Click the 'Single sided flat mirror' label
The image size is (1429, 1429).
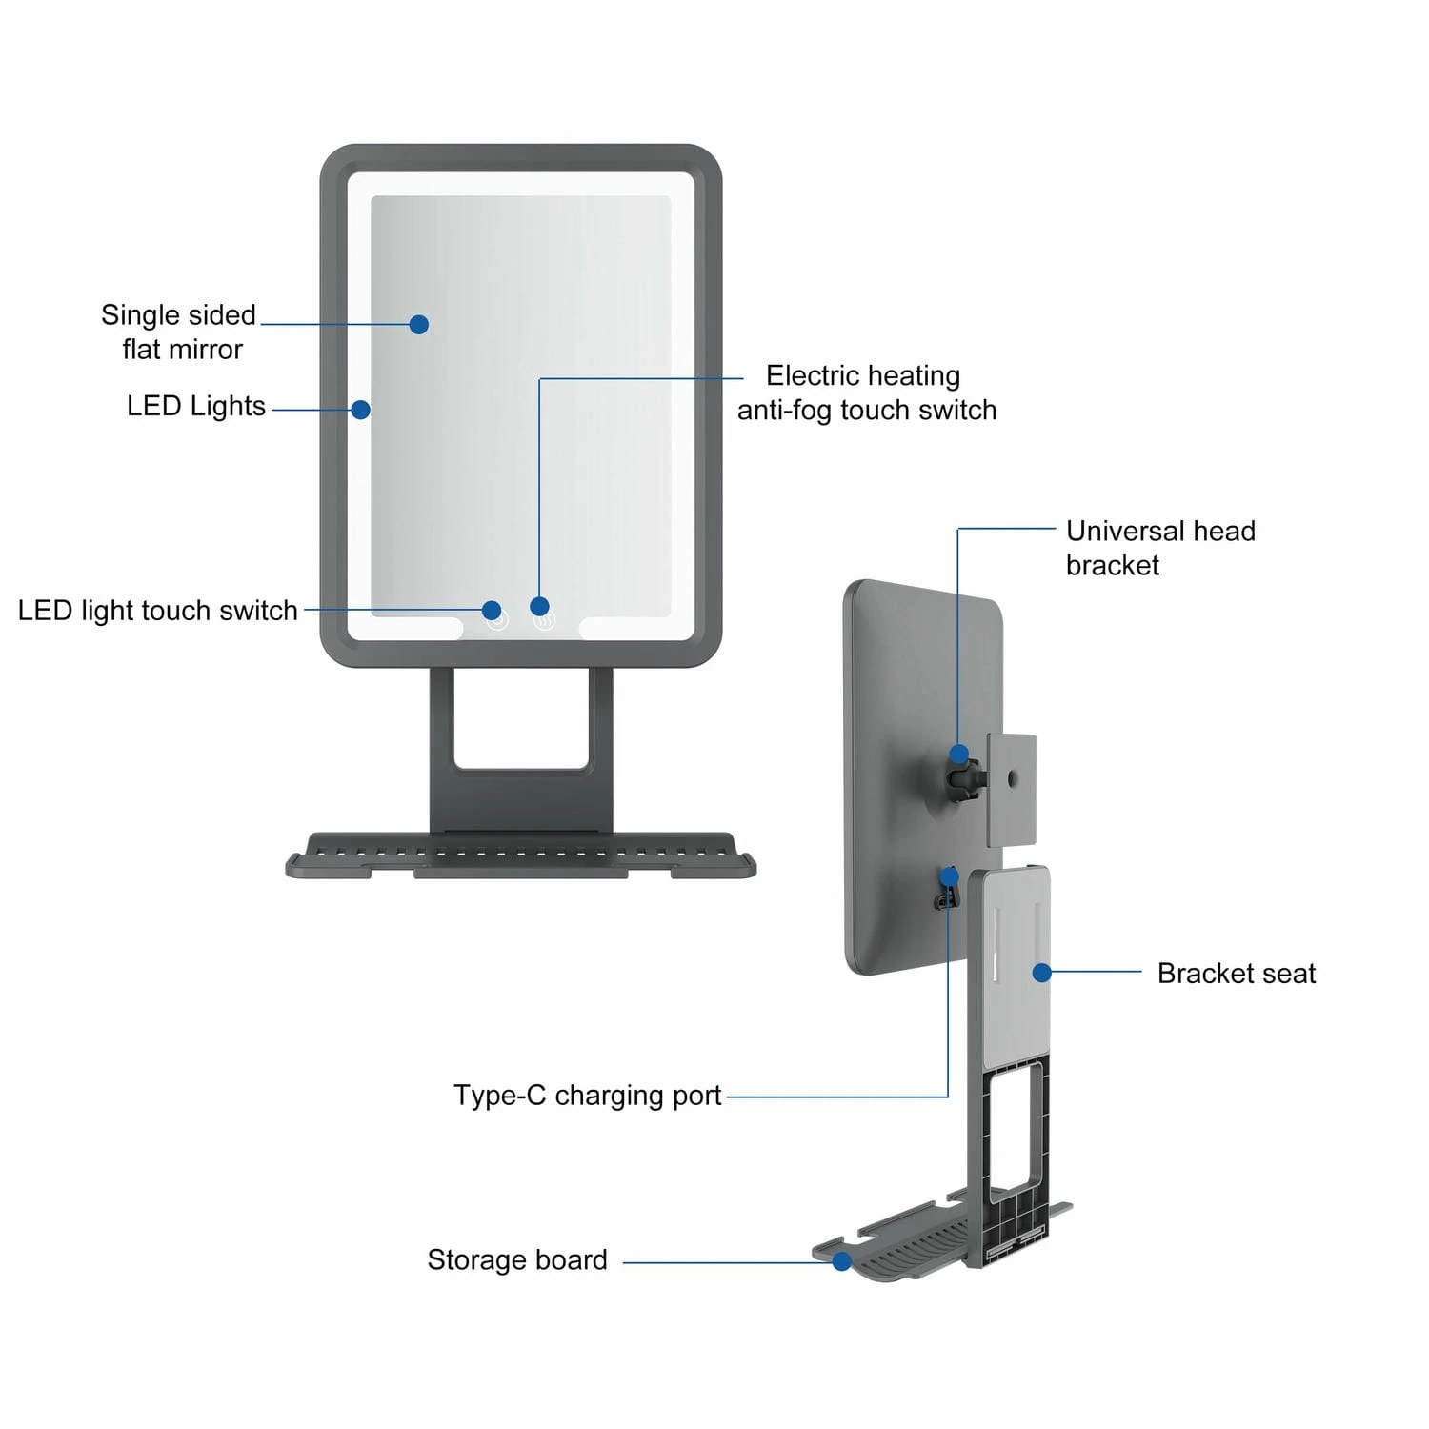point(179,332)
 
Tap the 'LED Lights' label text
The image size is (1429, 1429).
point(195,406)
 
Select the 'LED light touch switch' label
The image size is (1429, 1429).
point(157,611)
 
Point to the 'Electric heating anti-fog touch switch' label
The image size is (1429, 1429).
point(866,392)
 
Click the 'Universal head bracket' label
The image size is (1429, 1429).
point(1159,548)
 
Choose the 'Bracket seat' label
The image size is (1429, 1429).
point(1236,974)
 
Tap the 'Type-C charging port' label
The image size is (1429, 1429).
point(587,1096)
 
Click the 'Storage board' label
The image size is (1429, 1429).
point(516,1260)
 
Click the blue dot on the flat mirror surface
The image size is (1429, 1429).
point(418,325)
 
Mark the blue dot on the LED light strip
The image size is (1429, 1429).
point(360,410)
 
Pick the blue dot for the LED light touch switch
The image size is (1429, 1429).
point(492,610)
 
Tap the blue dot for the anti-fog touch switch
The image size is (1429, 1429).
point(539,607)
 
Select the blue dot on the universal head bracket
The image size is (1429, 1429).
point(959,755)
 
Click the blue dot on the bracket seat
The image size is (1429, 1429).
point(1041,973)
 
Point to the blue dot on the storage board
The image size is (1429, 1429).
point(841,1261)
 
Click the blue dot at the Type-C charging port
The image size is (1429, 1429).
point(949,876)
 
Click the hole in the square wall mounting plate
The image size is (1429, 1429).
point(1012,779)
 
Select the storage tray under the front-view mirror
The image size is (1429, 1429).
point(520,855)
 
